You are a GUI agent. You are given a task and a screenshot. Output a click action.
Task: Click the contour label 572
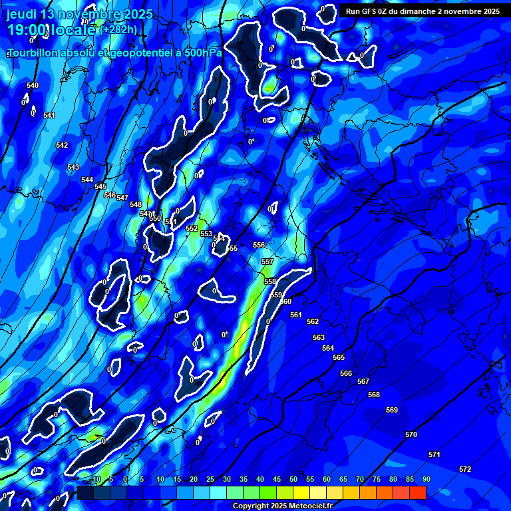click(465, 469)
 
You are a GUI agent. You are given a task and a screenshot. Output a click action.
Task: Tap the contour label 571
click(434, 454)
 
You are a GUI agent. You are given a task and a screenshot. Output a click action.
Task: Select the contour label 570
click(411, 434)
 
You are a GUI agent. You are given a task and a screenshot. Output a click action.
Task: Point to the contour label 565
click(339, 357)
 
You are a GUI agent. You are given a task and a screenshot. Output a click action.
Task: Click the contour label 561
click(296, 315)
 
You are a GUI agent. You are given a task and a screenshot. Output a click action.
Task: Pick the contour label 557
click(267, 261)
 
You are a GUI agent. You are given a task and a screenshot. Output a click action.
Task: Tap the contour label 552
click(192, 228)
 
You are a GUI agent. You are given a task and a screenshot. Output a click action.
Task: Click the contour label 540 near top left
click(33, 85)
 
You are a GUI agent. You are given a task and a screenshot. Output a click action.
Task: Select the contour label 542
click(62, 145)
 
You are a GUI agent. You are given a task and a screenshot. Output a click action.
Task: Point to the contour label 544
click(87, 180)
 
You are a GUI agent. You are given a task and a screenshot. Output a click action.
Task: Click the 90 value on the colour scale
click(426, 479)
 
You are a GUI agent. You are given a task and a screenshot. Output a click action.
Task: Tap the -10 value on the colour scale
click(95, 479)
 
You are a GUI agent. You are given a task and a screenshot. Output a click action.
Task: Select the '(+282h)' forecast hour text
click(120, 29)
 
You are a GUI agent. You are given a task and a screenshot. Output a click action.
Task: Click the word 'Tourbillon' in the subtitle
click(34, 52)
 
